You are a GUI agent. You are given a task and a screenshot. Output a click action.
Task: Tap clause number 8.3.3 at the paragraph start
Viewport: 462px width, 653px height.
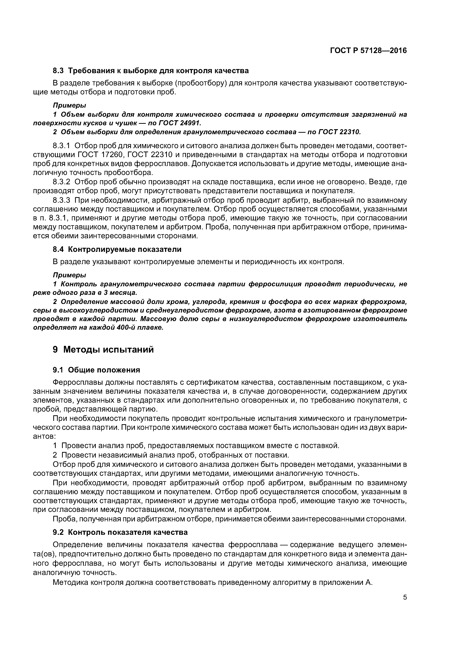point(61,200)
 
